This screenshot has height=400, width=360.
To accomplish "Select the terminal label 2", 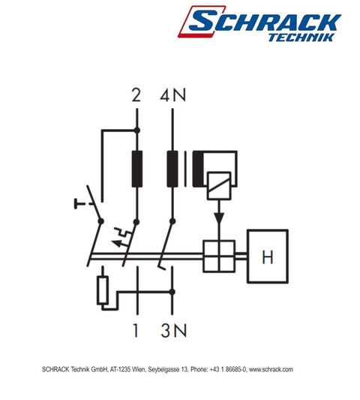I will pos(136,95).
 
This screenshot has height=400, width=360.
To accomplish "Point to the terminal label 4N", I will pos(172,95).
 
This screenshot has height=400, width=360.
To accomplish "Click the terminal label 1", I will pos(136,329).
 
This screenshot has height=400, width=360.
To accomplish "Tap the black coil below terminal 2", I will pos(136,168).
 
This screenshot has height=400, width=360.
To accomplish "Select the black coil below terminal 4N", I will pos(172,168).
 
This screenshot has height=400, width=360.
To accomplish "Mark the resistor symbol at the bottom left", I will pos(102,291).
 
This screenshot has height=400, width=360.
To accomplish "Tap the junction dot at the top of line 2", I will pos(136,129).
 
